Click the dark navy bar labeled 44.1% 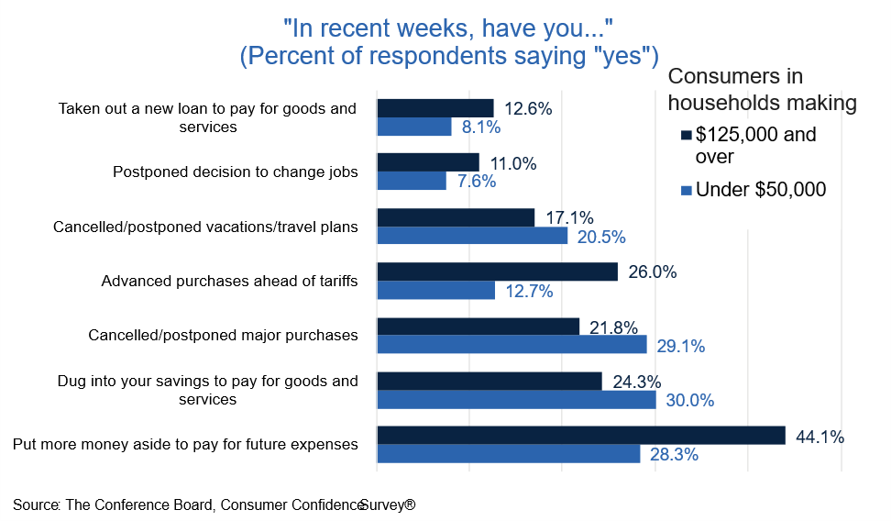[x=581, y=435]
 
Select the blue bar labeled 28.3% [x=509, y=453]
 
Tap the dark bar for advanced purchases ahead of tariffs [x=498, y=272]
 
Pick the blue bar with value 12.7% [x=436, y=290]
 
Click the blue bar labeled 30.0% [x=517, y=400]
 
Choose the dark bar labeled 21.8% [x=478, y=327]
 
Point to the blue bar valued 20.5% [x=473, y=236]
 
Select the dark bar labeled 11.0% [x=428, y=162]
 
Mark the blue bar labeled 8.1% [x=414, y=127]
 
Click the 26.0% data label [x=653, y=272]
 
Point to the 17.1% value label [x=569, y=218]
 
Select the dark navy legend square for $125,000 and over [x=685, y=136]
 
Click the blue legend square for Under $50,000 [x=685, y=191]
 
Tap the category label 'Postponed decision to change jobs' [x=235, y=172]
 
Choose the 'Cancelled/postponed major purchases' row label [x=223, y=335]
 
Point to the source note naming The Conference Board [x=214, y=504]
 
